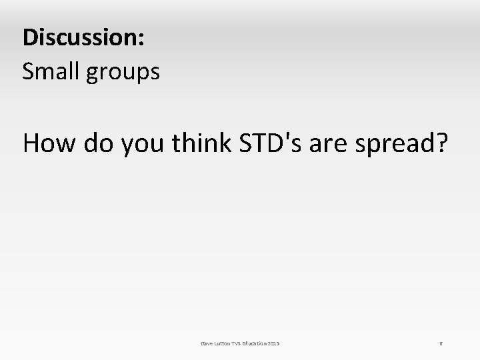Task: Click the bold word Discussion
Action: coord(81,37)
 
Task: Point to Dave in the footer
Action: coord(207,343)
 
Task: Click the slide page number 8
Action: coord(441,343)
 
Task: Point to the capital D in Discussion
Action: coord(29,37)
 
